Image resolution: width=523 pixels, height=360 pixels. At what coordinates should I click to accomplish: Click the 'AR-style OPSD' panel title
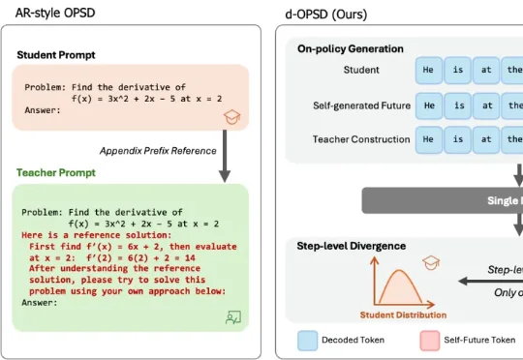55,13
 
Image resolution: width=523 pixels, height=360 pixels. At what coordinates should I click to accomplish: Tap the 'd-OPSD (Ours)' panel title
326,15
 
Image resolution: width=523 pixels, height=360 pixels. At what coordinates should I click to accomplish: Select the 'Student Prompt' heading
56,55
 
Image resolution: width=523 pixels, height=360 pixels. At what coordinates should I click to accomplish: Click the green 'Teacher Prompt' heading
56,172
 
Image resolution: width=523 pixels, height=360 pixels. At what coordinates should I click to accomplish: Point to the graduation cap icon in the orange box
232,117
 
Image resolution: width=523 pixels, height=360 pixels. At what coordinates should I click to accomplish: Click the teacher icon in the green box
233,317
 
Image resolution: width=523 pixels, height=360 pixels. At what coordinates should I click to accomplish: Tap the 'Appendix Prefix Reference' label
158,151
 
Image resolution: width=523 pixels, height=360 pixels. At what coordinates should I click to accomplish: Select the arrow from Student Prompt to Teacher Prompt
225,156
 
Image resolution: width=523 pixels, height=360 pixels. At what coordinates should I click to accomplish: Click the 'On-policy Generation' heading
351,49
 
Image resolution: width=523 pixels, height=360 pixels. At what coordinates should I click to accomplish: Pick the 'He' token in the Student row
429,70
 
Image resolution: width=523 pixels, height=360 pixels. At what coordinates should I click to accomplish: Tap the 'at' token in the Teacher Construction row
486,139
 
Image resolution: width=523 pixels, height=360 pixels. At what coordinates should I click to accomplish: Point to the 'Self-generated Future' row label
361,105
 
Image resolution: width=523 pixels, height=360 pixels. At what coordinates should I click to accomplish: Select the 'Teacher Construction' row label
361,139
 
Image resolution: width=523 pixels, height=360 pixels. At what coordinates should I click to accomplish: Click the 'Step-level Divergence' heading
352,246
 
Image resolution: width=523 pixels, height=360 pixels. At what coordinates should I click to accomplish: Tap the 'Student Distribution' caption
403,315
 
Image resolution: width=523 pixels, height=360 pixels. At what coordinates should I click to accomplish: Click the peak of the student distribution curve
399,270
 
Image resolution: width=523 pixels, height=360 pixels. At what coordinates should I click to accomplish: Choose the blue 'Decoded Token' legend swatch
308,341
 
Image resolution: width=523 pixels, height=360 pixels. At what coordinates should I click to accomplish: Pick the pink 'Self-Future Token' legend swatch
430,341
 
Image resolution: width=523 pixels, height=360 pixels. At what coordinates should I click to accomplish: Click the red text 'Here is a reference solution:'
97,235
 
